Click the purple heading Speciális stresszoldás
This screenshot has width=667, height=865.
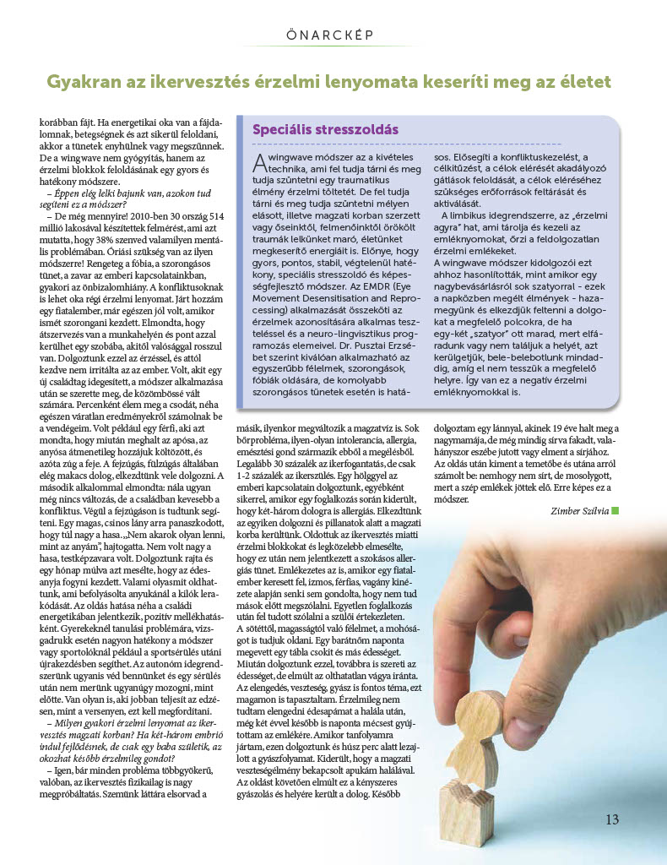326,131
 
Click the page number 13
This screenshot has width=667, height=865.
612,819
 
